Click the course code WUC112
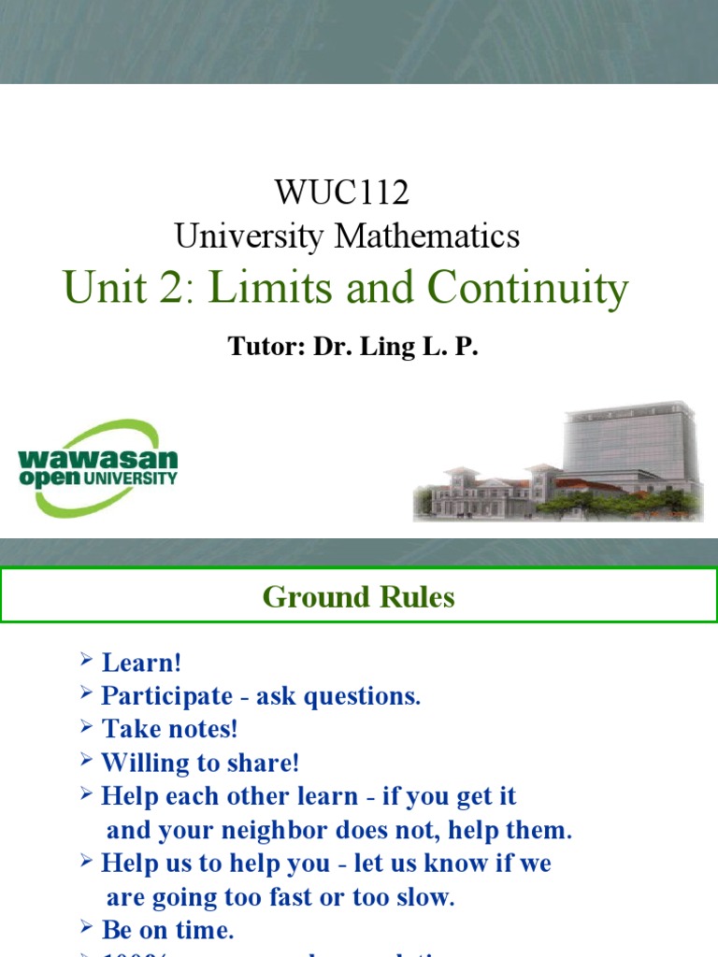[x=342, y=193]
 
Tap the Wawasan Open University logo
[x=96, y=468]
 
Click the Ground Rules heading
[x=359, y=596]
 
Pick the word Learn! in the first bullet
[x=141, y=663]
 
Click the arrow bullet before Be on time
[x=87, y=929]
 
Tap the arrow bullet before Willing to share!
[x=87, y=762]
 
